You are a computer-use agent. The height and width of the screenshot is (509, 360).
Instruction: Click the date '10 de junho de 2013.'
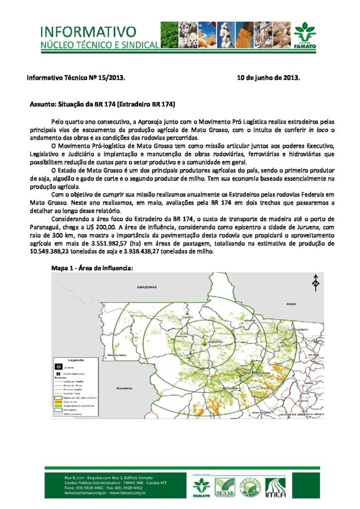tap(268, 78)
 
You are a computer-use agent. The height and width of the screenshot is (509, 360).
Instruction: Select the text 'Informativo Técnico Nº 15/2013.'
tap(76, 78)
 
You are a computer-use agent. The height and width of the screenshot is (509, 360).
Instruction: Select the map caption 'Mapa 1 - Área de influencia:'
tap(92, 267)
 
